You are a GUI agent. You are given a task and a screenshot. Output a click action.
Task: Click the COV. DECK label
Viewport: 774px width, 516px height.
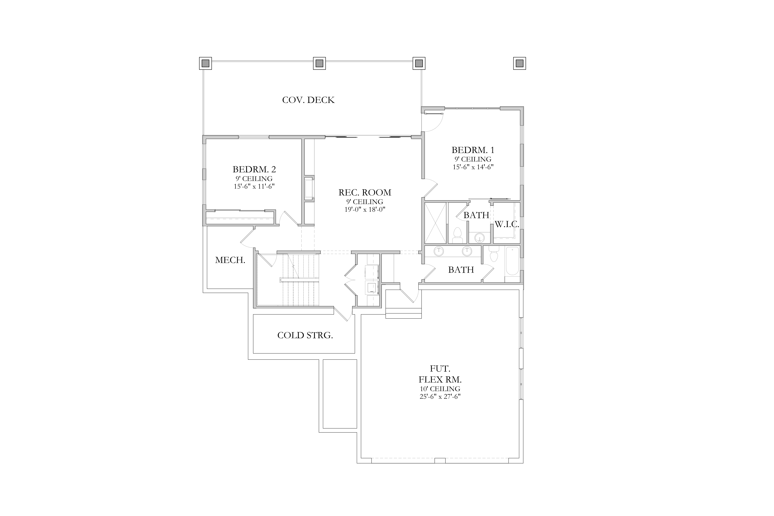308,100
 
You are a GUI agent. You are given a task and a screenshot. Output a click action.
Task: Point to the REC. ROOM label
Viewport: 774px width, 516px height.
365,193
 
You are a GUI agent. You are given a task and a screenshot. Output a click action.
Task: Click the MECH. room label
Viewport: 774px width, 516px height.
230,260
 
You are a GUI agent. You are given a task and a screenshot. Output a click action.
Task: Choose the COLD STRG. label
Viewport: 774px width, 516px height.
305,335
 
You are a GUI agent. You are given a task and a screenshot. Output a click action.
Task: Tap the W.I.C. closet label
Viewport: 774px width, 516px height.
507,224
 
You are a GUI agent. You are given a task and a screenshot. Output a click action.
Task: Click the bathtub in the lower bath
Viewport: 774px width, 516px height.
512,261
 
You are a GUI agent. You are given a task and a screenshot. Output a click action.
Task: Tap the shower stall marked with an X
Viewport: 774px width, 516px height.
435,223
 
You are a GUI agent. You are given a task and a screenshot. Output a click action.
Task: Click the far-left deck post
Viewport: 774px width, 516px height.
205,63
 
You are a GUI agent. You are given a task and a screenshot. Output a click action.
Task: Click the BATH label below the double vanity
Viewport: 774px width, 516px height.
461,270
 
